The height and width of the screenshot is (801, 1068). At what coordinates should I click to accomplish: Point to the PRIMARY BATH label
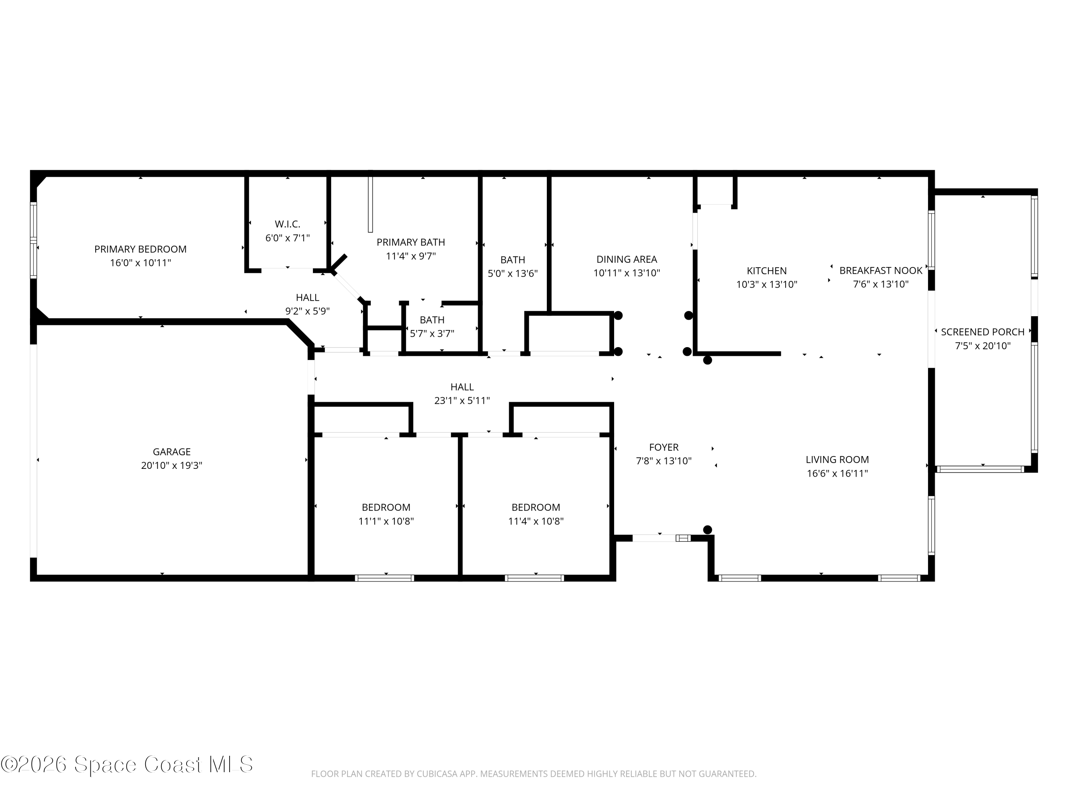[410, 242]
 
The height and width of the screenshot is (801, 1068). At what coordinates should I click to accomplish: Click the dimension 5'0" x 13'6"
[512, 274]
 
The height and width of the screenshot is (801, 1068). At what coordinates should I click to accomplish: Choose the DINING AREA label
[626, 259]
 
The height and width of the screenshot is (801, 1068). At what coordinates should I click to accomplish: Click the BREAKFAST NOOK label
[881, 270]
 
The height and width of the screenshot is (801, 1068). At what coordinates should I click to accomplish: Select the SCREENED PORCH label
[982, 332]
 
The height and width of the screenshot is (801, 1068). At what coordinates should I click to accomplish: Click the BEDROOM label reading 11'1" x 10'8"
[386, 507]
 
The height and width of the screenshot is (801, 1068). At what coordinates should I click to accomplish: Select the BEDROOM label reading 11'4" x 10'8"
[535, 507]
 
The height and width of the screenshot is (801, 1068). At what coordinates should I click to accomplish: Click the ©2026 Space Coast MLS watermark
[126, 764]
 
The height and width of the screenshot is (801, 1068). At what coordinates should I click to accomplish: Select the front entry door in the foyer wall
[654, 538]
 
